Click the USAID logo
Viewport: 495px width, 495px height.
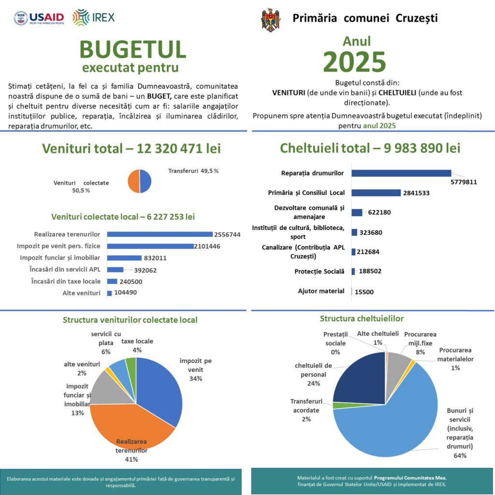[39, 18]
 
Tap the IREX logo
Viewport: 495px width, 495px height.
[93, 17]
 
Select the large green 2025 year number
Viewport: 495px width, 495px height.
[354, 61]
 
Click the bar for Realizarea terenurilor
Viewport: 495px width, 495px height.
[160, 234]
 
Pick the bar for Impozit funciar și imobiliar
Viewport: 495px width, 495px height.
[124, 258]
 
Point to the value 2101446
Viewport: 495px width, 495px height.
[207, 246]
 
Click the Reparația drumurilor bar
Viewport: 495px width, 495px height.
[401, 173]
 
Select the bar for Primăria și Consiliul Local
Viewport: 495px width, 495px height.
[376, 192]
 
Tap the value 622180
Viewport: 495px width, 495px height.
[379, 212]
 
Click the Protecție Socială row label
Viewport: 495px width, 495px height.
[319, 272]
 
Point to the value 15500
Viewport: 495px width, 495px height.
[364, 292]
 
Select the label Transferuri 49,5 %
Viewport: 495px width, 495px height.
[193, 171]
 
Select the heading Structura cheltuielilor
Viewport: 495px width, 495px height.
[362, 319]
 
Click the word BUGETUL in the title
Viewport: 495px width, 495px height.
[132, 49]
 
